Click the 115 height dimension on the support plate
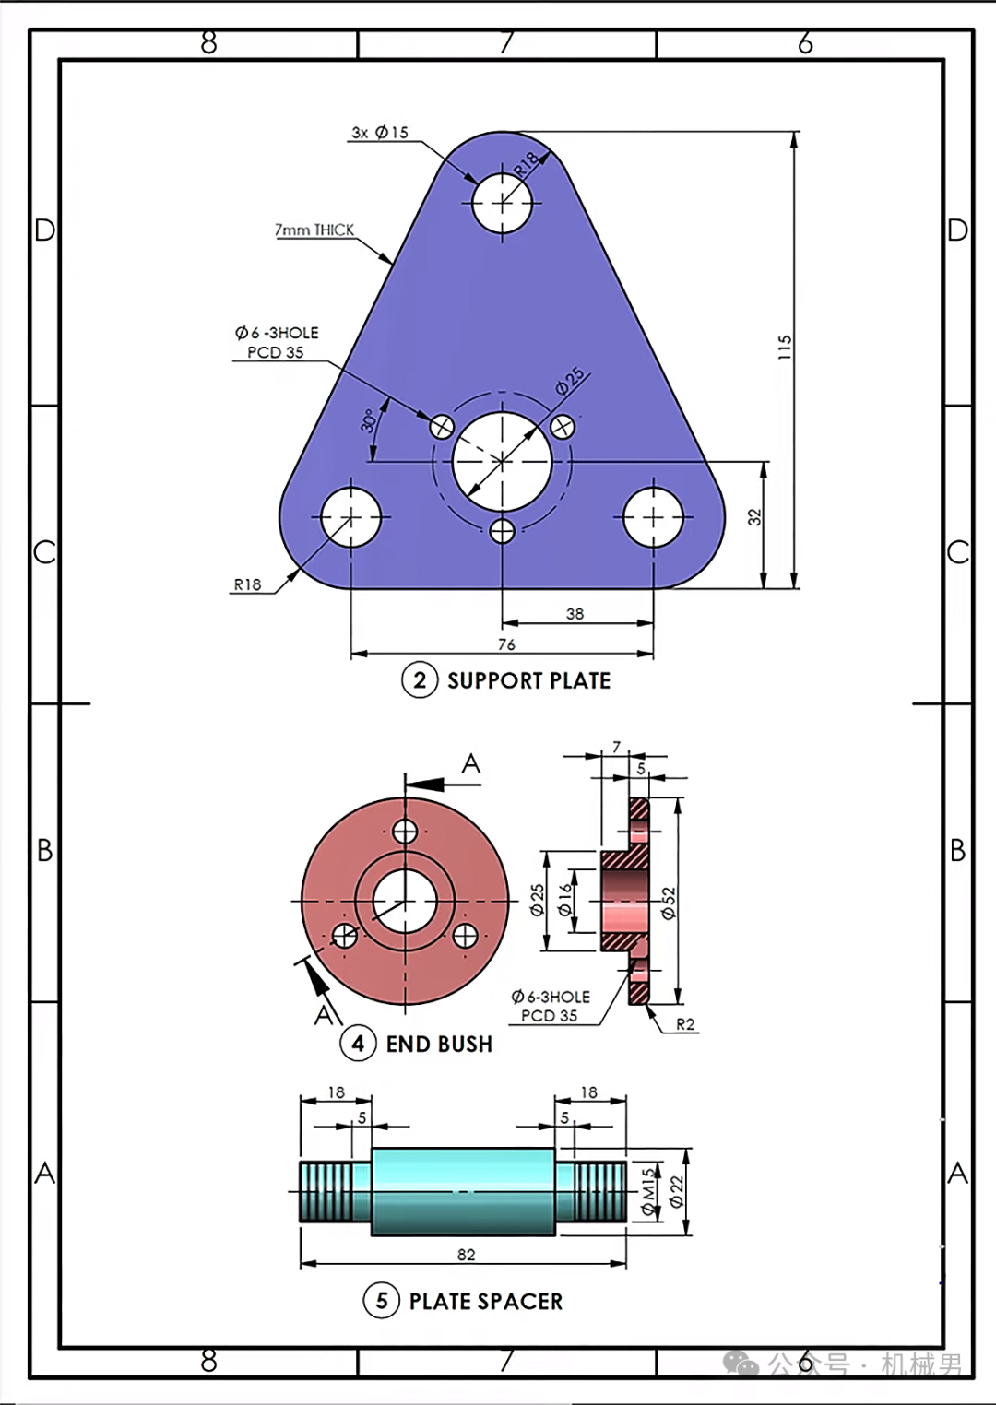[785, 347]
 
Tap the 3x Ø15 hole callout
[380, 133]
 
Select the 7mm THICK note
[314, 230]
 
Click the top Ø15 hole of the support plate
[503, 203]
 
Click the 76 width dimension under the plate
[506, 644]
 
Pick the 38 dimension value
[575, 614]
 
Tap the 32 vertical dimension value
[755, 517]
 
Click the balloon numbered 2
[420, 681]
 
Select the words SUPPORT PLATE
[529, 681]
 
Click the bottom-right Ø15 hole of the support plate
[653, 518]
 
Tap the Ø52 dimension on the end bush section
[669, 903]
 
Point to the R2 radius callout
[685, 1024]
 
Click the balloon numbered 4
[359, 1044]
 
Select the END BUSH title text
[439, 1045]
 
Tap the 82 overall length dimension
[467, 1255]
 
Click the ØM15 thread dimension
[648, 1192]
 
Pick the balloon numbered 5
[382, 1301]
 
